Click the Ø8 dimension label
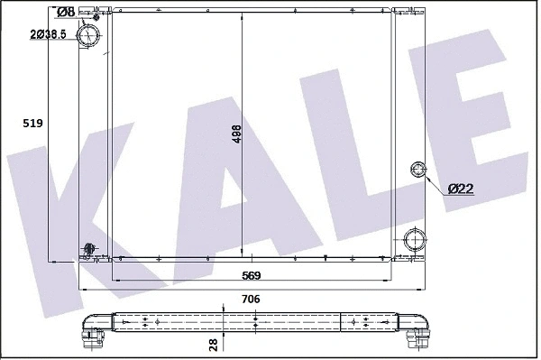[65, 12]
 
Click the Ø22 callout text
[461, 188]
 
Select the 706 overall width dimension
[252, 300]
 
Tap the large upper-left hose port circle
[89, 36]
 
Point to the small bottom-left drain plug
[88, 249]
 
